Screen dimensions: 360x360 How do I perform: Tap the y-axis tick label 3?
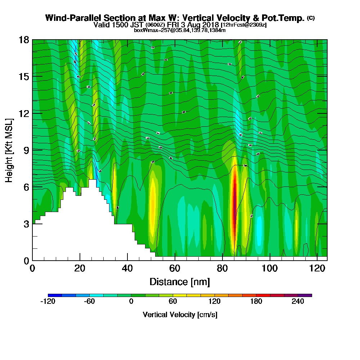[x=26, y=224]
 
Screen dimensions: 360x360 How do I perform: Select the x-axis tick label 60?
[x=175, y=269]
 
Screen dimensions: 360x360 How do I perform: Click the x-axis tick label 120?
[x=317, y=269]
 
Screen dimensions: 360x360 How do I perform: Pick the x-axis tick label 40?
[x=127, y=269]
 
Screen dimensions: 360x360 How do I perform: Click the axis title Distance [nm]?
[x=180, y=282]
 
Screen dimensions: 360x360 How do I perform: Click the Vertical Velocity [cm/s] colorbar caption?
[x=180, y=315]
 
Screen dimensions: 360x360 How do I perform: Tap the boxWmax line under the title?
[x=180, y=30]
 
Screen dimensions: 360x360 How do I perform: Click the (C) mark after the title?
[x=311, y=18]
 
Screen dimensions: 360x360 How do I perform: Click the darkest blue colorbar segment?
[x=55, y=295]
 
